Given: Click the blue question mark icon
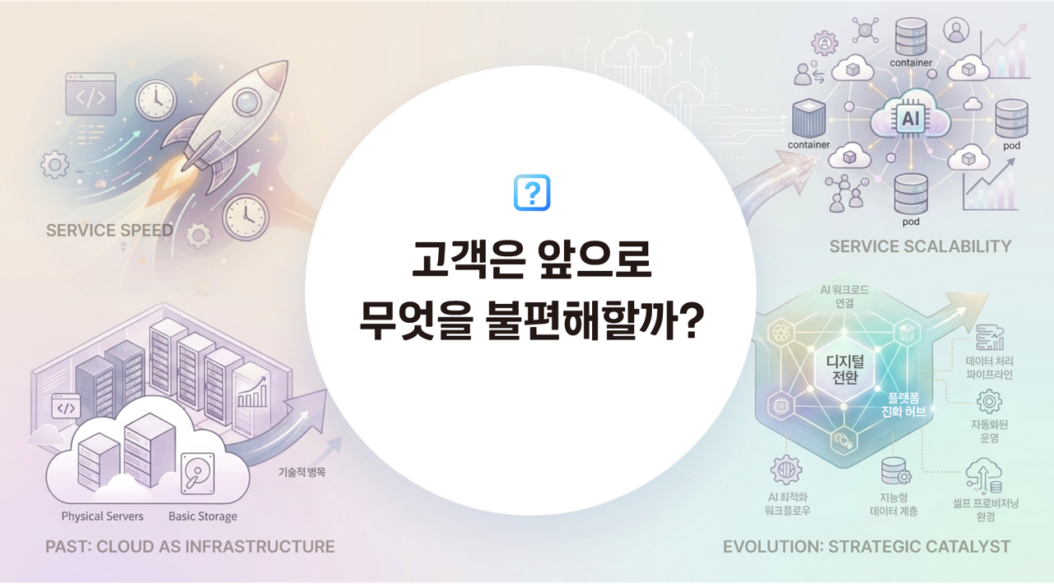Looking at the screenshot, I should click(x=531, y=193).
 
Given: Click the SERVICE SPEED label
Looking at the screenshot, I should click(x=110, y=231).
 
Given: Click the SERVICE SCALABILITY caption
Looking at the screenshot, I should click(x=920, y=246).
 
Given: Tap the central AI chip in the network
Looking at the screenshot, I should click(x=910, y=119).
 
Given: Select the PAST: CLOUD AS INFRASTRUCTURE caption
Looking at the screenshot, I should click(x=190, y=546).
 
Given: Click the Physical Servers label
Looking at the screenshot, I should click(x=102, y=516).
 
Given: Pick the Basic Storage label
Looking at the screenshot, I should click(x=203, y=516).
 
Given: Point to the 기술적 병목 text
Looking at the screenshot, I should click(x=302, y=474).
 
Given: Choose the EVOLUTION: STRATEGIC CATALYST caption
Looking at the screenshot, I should click(x=866, y=546).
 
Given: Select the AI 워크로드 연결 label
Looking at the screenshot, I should click(x=844, y=297).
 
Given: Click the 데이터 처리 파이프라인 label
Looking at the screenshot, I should click(x=990, y=368).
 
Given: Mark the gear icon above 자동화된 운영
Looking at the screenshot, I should click(x=988, y=402).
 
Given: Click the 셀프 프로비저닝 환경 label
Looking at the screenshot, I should click(x=985, y=510).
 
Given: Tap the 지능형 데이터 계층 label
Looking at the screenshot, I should click(x=893, y=505).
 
